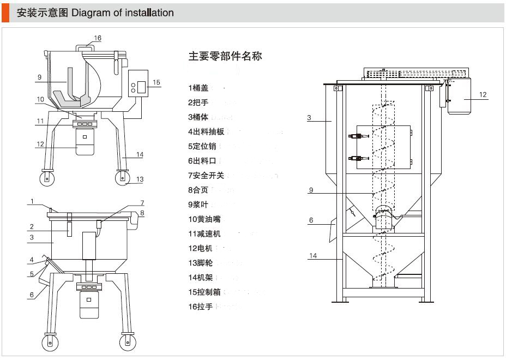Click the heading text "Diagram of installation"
[123, 13]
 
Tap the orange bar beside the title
[5, 13]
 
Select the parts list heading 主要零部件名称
[225, 56]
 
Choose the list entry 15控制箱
[204, 292]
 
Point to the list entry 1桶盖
[198, 87]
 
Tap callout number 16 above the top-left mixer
[98, 38]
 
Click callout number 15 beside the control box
[156, 83]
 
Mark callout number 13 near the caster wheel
[140, 179]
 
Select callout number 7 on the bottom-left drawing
[142, 203]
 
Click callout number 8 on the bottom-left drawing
[142, 213]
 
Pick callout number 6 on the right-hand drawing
[311, 220]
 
